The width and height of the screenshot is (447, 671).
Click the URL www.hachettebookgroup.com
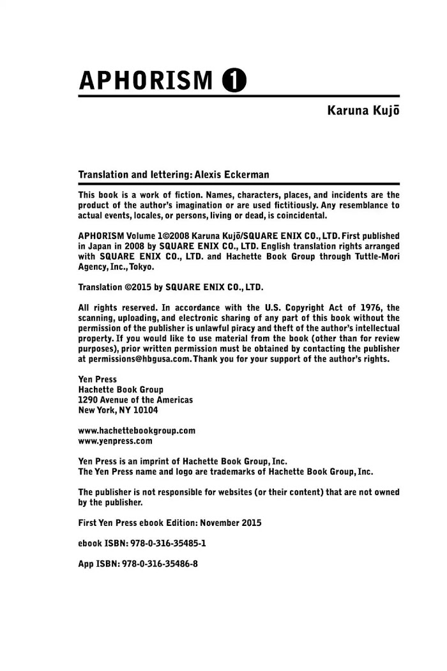pos(137,431)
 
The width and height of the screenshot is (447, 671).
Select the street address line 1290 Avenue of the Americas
pos(135,400)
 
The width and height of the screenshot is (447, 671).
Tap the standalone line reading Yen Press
pos(97,380)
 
